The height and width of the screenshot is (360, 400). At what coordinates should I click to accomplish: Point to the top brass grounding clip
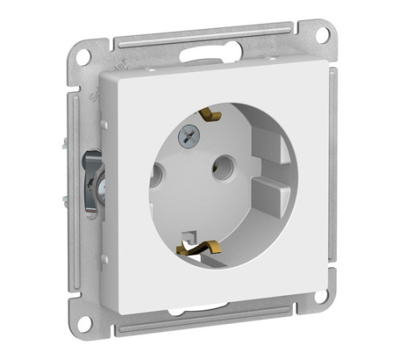[210, 114]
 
